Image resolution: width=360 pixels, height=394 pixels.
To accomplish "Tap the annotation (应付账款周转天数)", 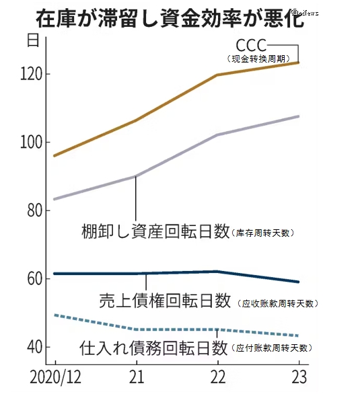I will [x=272, y=348].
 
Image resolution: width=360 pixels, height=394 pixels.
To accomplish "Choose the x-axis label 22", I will [x=217, y=375].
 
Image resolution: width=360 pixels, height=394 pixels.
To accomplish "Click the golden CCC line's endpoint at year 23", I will [x=298, y=63].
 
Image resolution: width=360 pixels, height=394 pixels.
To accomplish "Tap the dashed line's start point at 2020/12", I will [x=55, y=315].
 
